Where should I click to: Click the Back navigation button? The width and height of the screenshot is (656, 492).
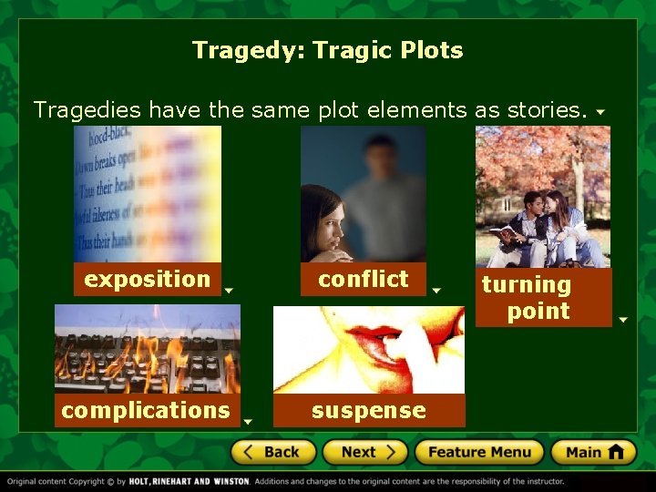[273, 452]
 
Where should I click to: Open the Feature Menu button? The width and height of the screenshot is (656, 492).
[479, 452]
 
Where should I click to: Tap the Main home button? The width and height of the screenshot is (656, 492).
[593, 452]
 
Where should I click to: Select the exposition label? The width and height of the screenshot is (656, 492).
[148, 279]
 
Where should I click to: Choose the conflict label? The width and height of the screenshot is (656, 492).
[364, 279]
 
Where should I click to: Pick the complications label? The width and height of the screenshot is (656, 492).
[146, 411]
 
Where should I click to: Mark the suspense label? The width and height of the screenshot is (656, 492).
[369, 411]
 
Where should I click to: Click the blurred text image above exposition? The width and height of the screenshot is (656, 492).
[148, 193]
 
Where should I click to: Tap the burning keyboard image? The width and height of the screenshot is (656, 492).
[148, 349]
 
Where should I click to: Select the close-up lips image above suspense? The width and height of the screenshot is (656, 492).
[369, 350]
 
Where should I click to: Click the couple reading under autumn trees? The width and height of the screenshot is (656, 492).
[543, 196]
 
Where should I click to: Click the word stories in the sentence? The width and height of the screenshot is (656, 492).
[544, 110]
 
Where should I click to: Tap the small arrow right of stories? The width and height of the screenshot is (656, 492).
[600, 113]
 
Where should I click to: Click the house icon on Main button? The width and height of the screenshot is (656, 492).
[617, 452]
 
